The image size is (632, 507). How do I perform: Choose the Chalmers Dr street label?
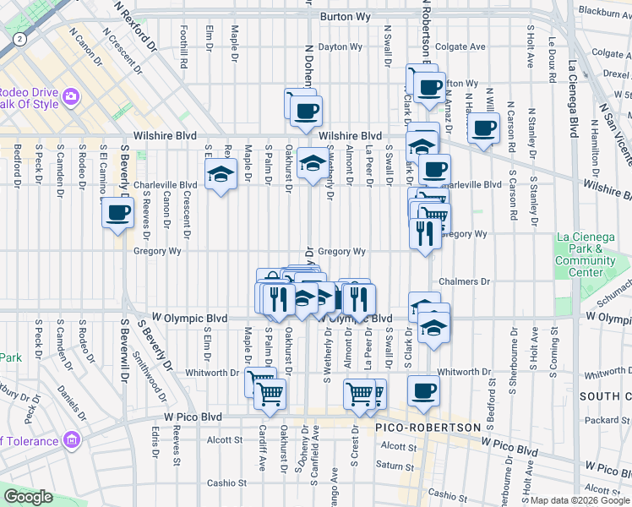pyautogui.click(x=464, y=281)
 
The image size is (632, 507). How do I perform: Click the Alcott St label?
pyautogui.click(x=225, y=440)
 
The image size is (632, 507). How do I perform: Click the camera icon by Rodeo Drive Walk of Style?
pyautogui.click(x=70, y=97)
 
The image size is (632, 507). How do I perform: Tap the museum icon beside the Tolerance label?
pyautogui.click(x=71, y=440)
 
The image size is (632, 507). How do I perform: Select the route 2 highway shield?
pyautogui.click(x=19, y=40)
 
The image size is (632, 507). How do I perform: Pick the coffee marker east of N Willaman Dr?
pyautogui.click(x=483, y=128)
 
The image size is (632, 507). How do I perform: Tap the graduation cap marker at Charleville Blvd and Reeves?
pyautogui.click(x=221, y=176)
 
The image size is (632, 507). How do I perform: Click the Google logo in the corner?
pyautogui.click(x=28, y=498)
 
